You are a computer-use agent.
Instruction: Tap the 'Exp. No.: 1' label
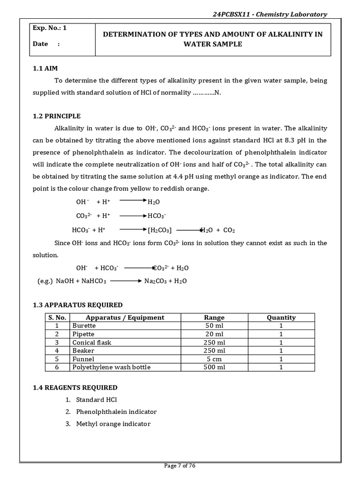(50, 28)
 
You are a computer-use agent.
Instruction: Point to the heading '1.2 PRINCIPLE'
(56, 116)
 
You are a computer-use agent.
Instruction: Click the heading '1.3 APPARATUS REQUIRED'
(77, 305)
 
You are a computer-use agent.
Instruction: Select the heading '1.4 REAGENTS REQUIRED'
(75, 388)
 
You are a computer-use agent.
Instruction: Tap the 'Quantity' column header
(281, 317)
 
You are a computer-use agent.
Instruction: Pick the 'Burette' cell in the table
(83, 325)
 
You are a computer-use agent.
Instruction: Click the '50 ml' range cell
(215, 325)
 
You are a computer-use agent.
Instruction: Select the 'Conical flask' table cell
(91, 342)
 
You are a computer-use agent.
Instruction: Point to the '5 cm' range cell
(215, 359)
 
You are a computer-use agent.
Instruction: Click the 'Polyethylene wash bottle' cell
(111, 367)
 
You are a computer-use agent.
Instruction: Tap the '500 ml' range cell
(215, 367)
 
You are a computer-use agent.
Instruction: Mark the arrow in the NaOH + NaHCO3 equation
(126, 281)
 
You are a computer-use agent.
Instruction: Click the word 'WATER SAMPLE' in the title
(212, 44)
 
